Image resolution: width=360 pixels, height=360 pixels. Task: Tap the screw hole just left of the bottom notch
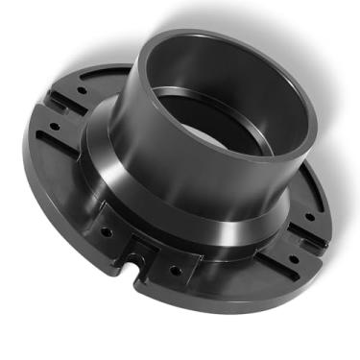[x=107, y=231]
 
